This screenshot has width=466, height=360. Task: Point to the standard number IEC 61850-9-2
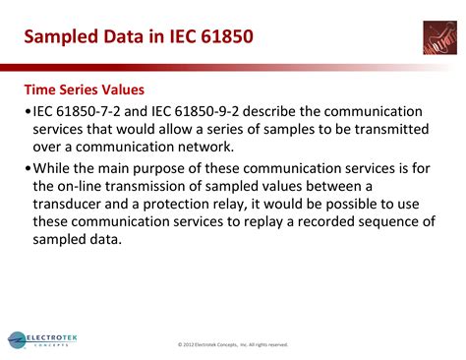click(x=217, y=111)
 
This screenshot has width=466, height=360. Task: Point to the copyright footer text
click(x=233, y=344)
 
